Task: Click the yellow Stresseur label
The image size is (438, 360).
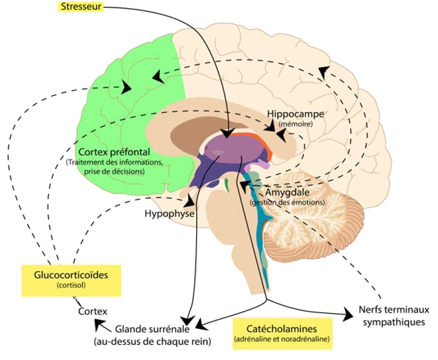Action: point(78,8)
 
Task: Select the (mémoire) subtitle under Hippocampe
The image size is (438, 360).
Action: point(296,123)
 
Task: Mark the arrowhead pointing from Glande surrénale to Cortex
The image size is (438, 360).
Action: point(98,323)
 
